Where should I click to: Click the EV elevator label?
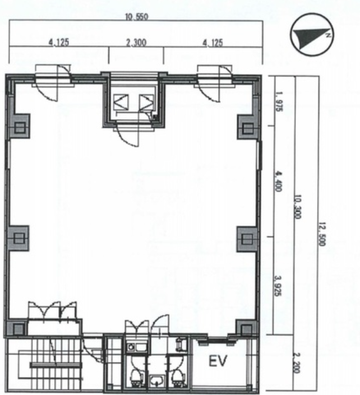tap(218, 361)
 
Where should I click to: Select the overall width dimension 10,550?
tap(136, 17)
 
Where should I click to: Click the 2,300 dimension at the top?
tap(136, 43)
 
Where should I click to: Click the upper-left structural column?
tap(20, 127)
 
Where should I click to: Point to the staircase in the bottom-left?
tap(48, 364)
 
